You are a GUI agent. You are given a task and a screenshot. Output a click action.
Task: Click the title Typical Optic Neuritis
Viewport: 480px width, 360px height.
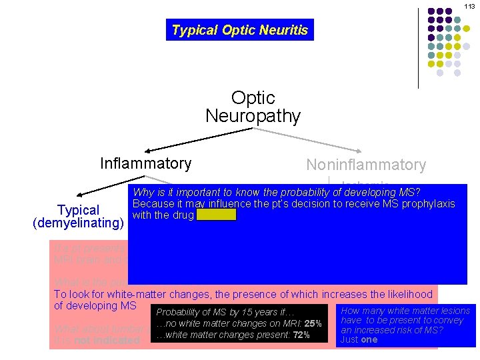pyautogui.click(x=239, y=30)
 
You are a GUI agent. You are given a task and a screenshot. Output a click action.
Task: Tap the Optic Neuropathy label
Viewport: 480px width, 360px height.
pyautogui.click(x=253, y=107)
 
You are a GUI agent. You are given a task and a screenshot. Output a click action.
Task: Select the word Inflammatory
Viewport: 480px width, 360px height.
pyautogui.click(x=145, y=163)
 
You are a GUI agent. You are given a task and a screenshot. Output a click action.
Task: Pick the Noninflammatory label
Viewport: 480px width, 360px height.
pyautogui.click(x=365, y=165)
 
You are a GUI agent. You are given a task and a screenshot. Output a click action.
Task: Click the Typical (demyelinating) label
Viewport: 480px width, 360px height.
pyautogui.click(x=79, y=217)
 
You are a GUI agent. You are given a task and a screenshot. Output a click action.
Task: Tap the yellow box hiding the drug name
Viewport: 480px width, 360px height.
pyautogui.click(x=216, y=215)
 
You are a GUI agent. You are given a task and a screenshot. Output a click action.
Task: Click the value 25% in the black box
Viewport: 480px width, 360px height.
pyautogui.click(x=313, y=324)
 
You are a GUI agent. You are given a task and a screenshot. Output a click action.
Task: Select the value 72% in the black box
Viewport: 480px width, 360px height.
pyautogui.click(x=300, y=335)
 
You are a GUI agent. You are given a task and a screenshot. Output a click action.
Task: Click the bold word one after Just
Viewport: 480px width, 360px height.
pyautogui.click(x=369, y=339)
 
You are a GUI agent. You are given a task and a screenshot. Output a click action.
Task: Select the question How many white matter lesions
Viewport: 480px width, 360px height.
pyautogui.click(x=405, y=310)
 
